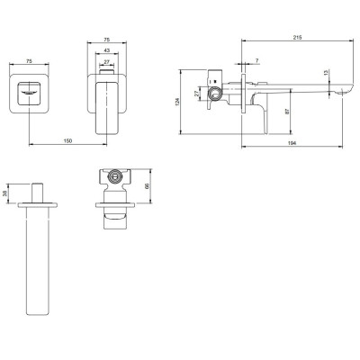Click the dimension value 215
click(297, 38)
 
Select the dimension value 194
click(292, 143)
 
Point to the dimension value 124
click(176, 102)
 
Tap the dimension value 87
click(287, 112)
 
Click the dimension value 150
click(68, 141)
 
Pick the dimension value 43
click(107, 50)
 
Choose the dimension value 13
click(326, 72)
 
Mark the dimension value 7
click(257, 60)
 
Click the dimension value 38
click(4, 193)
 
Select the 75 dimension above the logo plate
click(29, 61)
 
